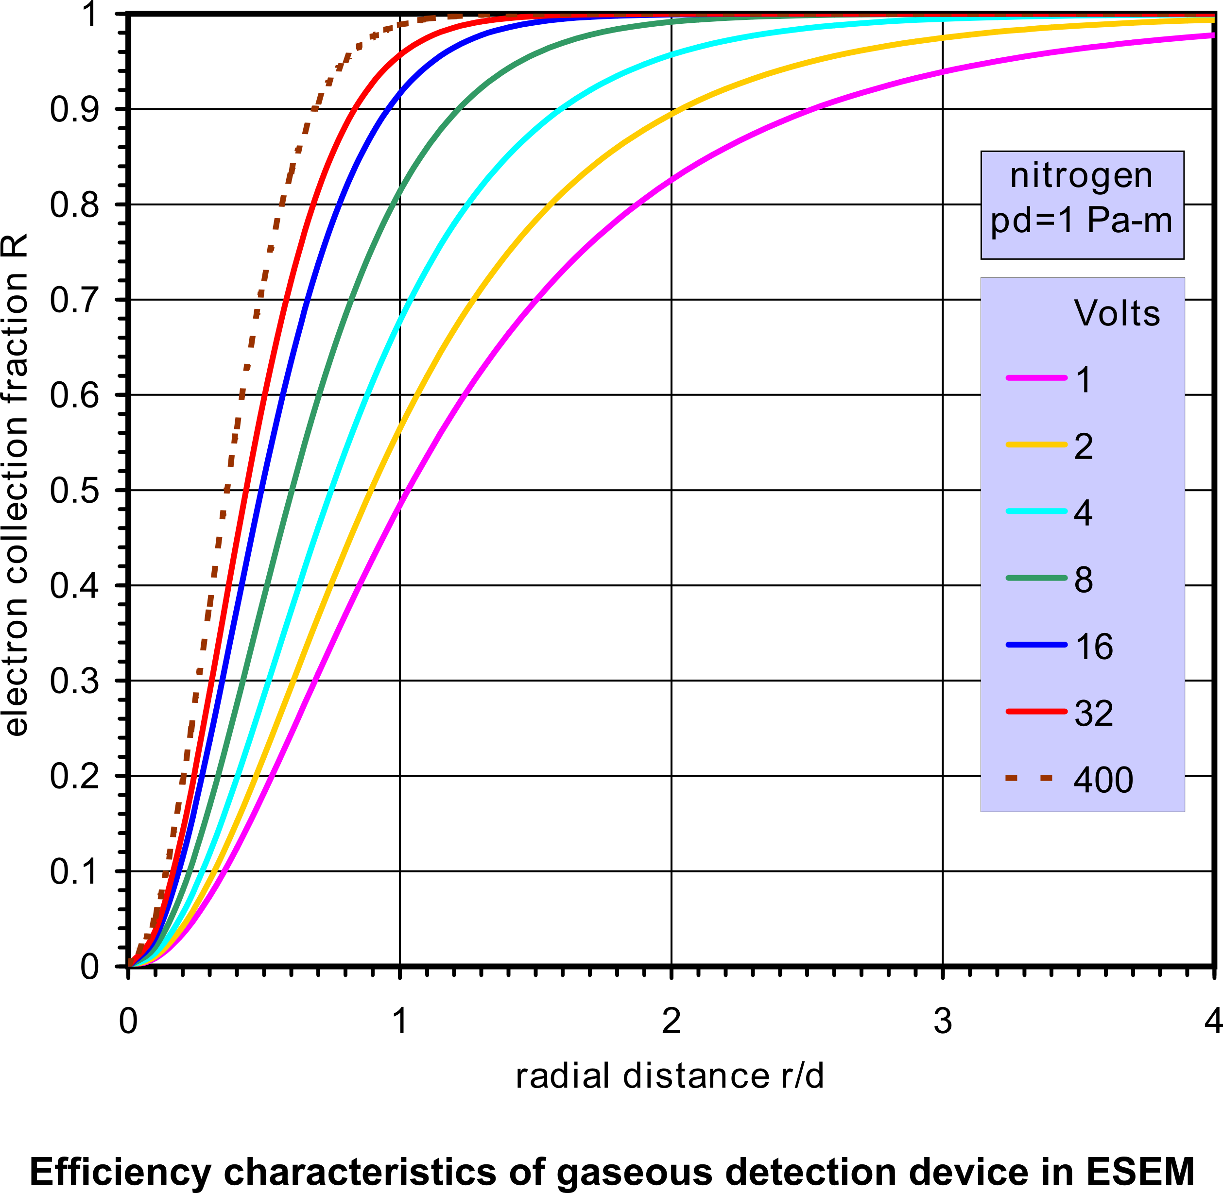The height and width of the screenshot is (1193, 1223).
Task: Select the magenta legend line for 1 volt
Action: [x=1036, y=378]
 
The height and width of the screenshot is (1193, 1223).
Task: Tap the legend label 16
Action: [x=1094, y=646]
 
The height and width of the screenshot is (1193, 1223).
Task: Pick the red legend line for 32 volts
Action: [x=1036, y=712]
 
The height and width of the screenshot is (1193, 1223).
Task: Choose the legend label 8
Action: [x=1083, y=579]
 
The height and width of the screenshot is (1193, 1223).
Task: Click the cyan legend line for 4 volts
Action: [x=1036, y=511]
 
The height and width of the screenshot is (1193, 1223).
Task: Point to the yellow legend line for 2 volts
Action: [x=1036, y=445]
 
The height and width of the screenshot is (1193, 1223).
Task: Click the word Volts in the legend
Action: [x=1117, y=313]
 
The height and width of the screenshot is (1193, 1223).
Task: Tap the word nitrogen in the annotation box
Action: [x=1081, y=175]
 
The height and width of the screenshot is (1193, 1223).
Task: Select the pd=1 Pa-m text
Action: [x=1081, y=221]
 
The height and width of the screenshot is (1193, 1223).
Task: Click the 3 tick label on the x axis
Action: [x=943, y=1022]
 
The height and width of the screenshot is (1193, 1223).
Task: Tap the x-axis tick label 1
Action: [x=400, y=1022]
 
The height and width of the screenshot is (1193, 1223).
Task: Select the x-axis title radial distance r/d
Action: [x=670, y=1076]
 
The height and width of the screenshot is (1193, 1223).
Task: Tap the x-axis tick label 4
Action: [x=1212, y=1022]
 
